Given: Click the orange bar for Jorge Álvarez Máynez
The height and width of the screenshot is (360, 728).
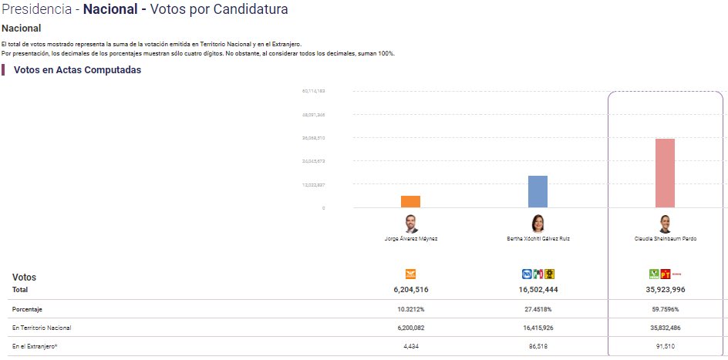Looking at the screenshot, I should (x=410, y=201).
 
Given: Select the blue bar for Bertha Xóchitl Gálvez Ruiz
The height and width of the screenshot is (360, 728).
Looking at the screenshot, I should (x=538, y=191).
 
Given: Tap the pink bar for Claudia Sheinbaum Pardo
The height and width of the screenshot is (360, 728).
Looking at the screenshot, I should (x=665, y=173).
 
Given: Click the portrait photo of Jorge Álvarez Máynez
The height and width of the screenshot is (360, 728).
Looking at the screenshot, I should (x=410, y=224).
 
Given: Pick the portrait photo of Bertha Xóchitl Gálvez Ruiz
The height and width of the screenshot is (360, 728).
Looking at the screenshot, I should (x=538, y=224).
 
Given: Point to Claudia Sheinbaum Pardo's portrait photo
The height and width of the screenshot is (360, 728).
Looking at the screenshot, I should (x=665, y=224).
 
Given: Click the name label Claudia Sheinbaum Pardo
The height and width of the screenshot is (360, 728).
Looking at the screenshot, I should (x=665, y=239).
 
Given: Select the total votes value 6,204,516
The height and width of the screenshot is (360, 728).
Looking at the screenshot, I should (x=410, y=289).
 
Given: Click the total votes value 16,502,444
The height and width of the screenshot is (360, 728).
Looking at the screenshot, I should (x=538, y=289).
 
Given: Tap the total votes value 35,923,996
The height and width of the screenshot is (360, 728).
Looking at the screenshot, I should (x=665, y=289).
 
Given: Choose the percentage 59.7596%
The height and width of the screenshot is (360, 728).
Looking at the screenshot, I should (x=665, y=309).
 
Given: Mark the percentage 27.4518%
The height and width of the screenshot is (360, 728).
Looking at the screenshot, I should (x=538, y=309).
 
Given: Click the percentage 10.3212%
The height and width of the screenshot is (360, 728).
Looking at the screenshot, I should (x=410, y=309).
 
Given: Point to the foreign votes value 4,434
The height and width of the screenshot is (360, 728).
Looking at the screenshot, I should (x=410, y=346).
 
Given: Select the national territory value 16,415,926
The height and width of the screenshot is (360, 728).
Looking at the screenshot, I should (x=538, y=328).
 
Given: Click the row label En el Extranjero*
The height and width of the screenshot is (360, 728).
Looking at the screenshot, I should (x=35, y=346).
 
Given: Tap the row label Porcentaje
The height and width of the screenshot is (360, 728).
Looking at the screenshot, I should (x=28, y=309).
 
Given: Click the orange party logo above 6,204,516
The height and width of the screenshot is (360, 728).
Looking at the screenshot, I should (x=410, y=273).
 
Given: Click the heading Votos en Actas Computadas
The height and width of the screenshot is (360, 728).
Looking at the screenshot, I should (x=77, y=70).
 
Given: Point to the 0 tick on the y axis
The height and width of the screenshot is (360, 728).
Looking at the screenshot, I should (x=323, y=208).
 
